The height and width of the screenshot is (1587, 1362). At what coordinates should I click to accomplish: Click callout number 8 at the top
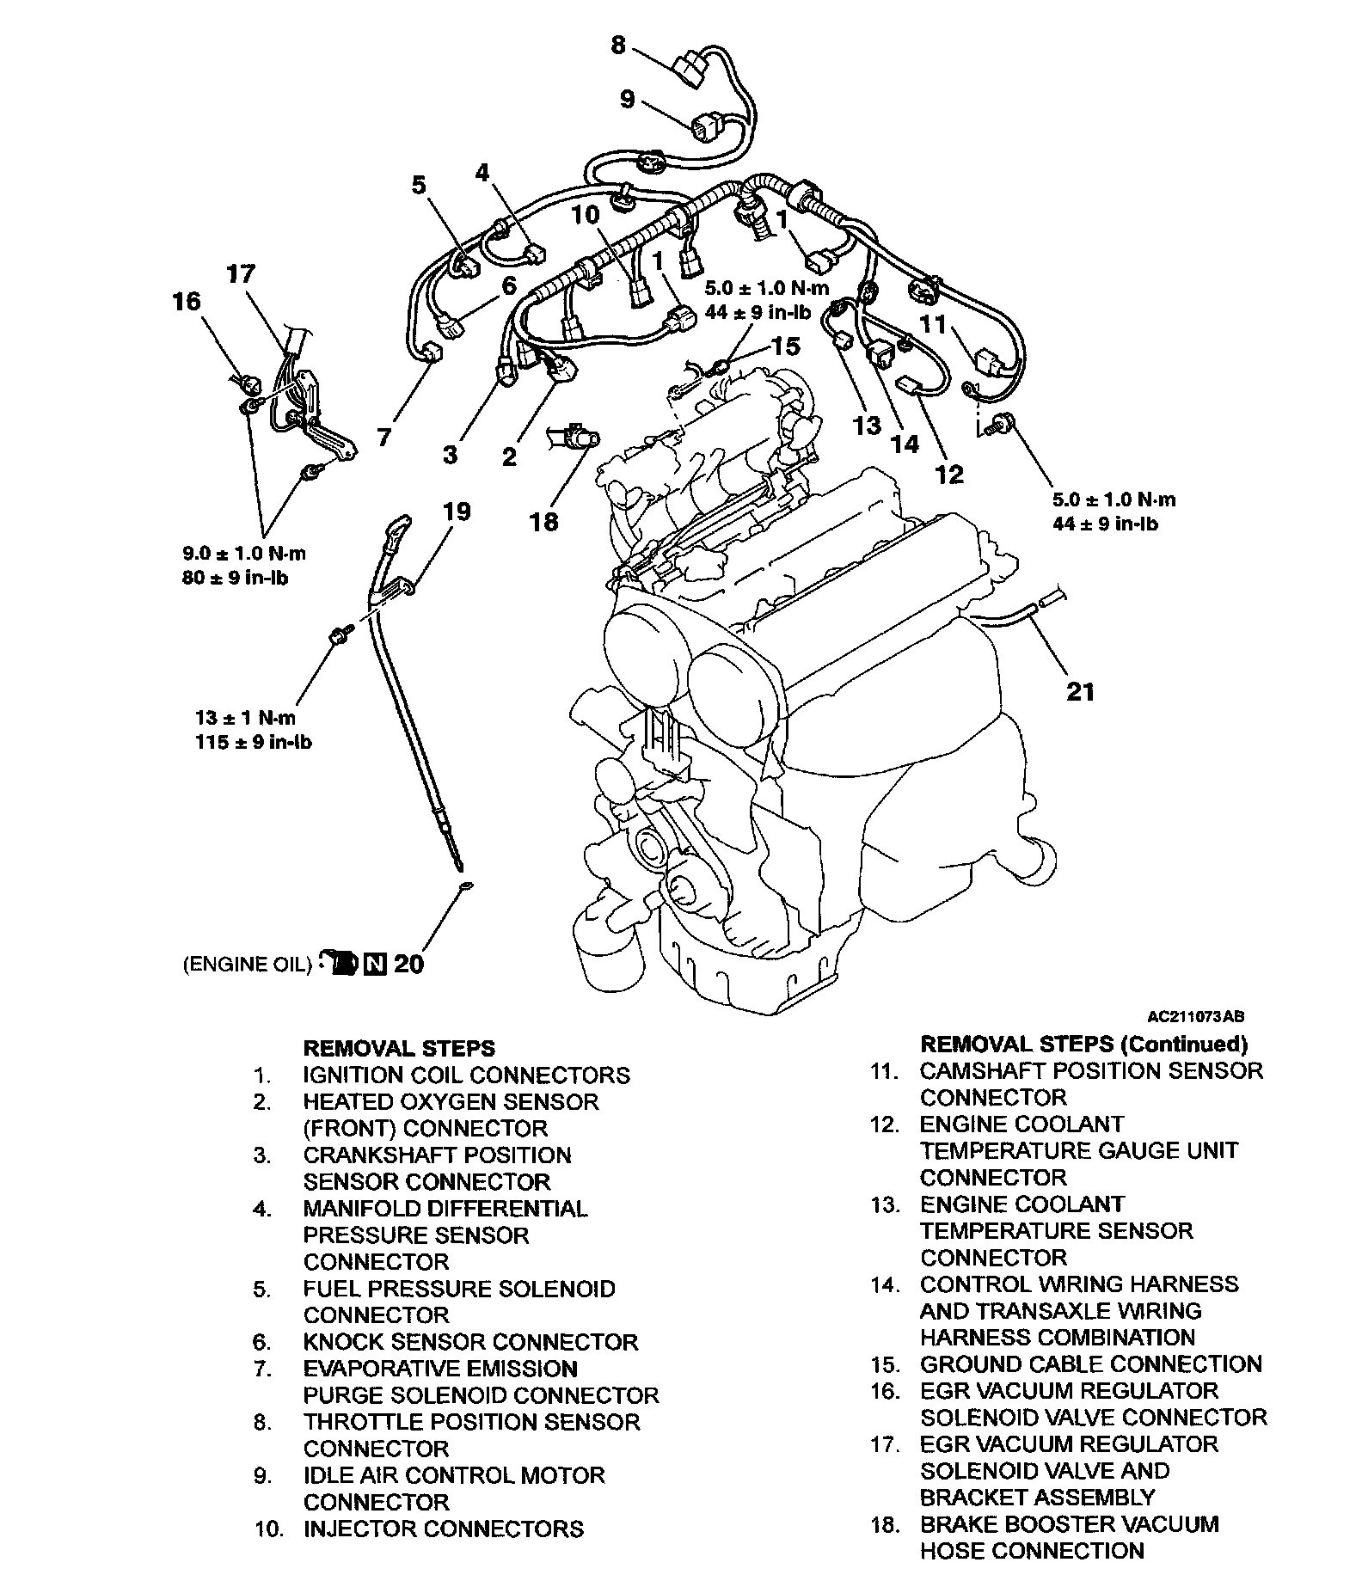tap(618, 45)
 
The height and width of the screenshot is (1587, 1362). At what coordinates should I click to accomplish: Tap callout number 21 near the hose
tap(1080, 690)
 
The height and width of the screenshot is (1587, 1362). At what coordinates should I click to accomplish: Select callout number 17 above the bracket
tap(241, 274)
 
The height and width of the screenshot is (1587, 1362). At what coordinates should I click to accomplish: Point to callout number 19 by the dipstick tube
tap(457, 512)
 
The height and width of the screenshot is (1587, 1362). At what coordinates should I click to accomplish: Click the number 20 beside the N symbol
tap(408, 965)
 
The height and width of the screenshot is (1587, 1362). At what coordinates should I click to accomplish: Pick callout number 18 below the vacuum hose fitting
tap(544, 521)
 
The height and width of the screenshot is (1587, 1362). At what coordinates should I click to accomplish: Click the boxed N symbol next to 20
tap(375, 965)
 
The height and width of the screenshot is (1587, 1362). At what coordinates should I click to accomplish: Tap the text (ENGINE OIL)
tap(246, 965)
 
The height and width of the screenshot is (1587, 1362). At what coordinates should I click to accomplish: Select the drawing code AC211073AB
tap(1195, 1016)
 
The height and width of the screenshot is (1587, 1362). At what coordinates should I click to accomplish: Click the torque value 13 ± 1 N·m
tap(245, 718)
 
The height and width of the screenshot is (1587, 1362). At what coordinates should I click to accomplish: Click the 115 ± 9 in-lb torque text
tap(254, 741)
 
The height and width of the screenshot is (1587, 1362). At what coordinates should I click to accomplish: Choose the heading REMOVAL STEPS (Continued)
tap(1083, 1045)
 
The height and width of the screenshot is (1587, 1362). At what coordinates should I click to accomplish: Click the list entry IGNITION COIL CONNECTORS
tap(466, 1075)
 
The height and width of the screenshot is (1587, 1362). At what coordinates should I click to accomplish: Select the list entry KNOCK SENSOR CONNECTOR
tap(470, 1342)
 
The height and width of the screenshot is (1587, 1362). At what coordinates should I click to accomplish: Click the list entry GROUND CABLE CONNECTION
tap(1090, 1364)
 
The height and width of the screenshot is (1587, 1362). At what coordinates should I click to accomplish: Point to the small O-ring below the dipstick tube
tap(465, 885)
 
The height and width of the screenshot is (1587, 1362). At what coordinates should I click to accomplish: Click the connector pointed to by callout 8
tap(693, 68)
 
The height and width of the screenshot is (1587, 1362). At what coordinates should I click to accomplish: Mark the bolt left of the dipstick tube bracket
tap(340, 635)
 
